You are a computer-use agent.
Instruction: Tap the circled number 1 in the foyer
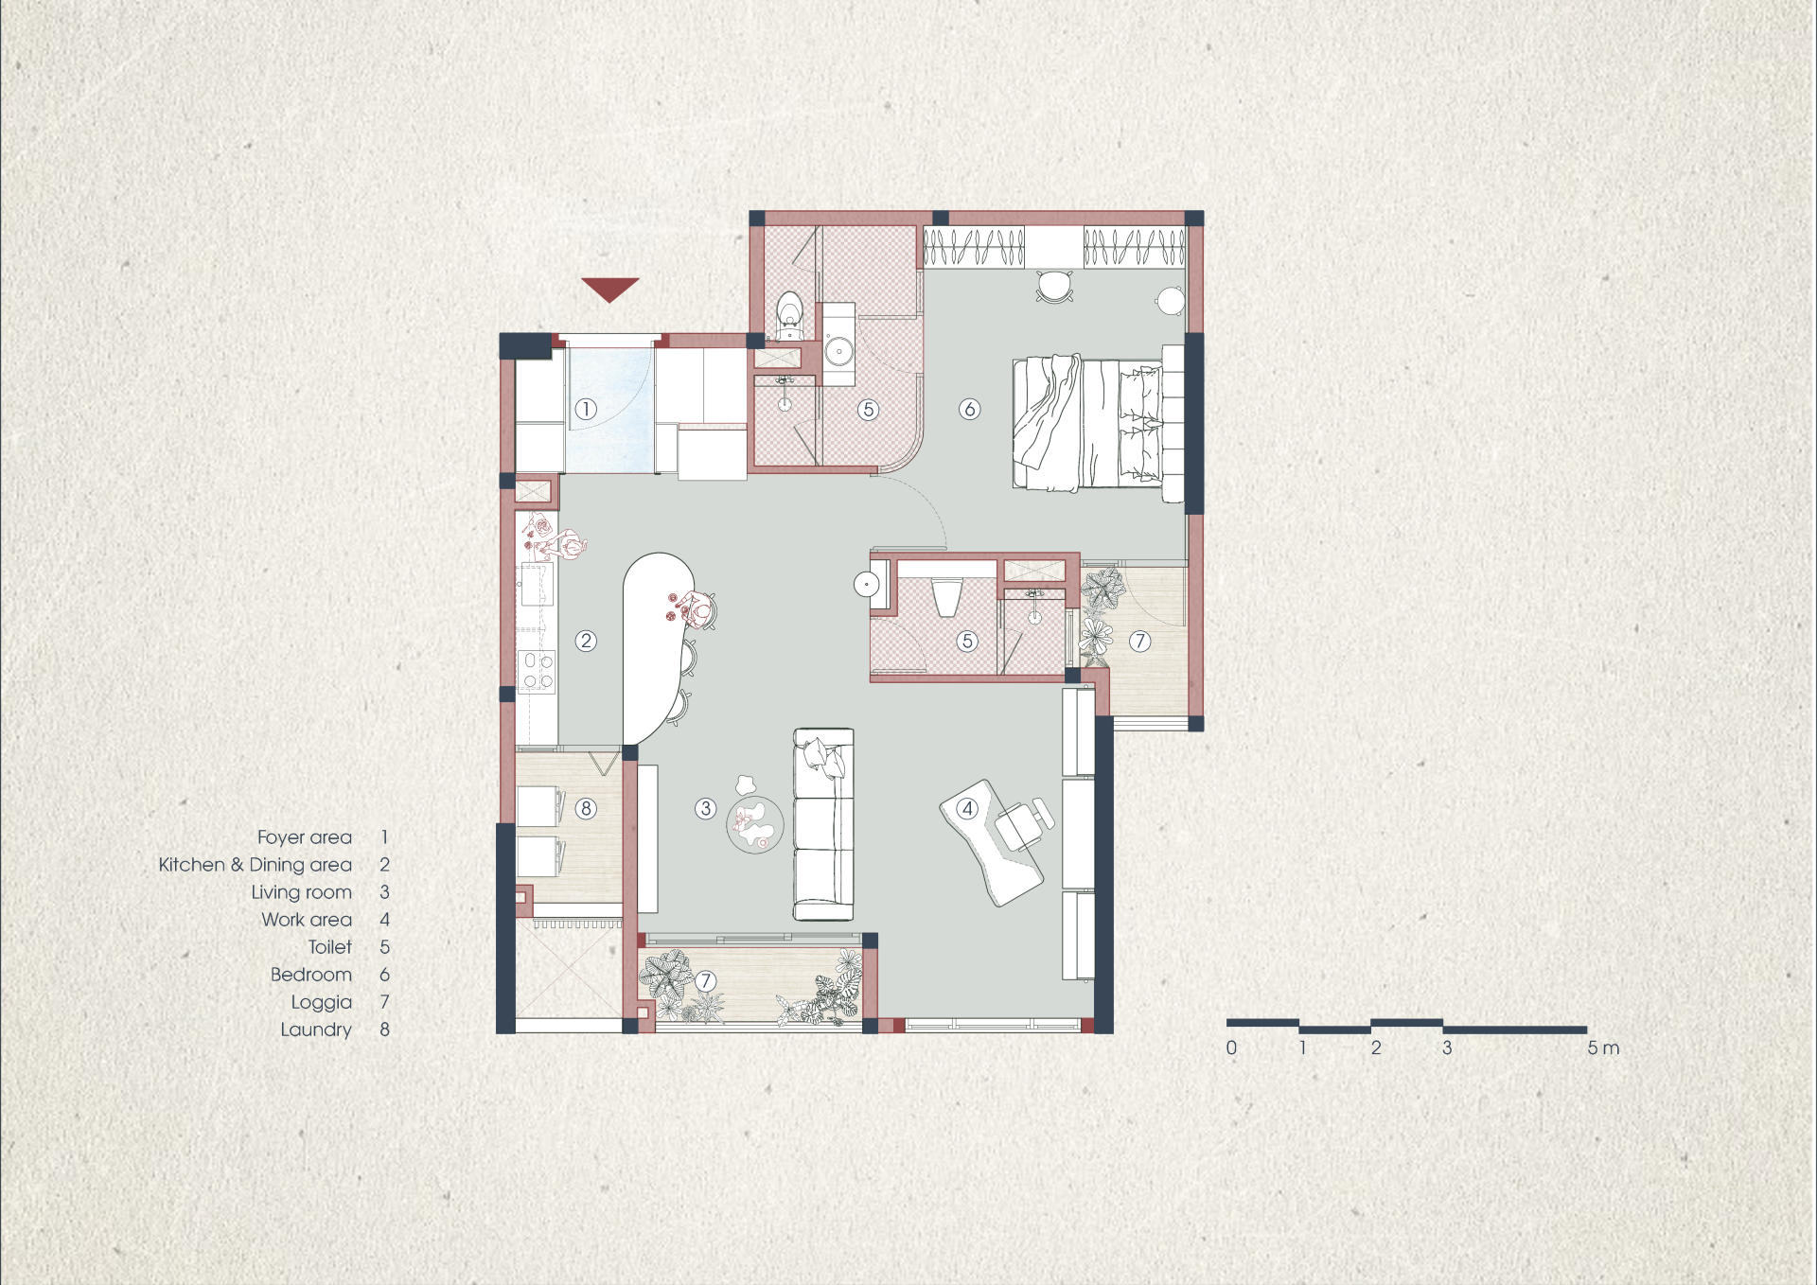click(586, 409)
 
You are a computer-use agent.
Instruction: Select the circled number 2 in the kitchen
click(586, 641)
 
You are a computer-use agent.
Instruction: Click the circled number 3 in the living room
click(705, 808)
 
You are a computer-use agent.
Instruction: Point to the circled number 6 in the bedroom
click(969, 409)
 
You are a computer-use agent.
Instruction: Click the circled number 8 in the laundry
click(586, 808)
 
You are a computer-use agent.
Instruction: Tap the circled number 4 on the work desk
click(966, 808)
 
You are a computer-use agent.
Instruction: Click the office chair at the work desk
click(1024, 823)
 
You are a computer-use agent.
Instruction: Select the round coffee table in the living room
click(755, 825)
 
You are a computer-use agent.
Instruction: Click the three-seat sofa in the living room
click(823, 824)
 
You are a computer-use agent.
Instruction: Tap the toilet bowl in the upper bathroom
click(789, 315)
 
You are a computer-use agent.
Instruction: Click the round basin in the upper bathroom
click(838, 351)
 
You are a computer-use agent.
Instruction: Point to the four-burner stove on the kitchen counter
click(537, 671)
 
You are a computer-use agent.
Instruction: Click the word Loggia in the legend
click(321, 1002)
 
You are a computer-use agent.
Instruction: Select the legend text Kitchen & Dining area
click(255, 865)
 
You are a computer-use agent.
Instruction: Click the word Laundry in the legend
click(315, 1030)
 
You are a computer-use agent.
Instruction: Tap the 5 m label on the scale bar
click(1603, 1047)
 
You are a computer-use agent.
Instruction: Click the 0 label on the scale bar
click(1231, 1047)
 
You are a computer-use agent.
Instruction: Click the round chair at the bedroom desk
click(1054, 285)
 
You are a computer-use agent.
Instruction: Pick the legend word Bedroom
click(310, 975)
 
